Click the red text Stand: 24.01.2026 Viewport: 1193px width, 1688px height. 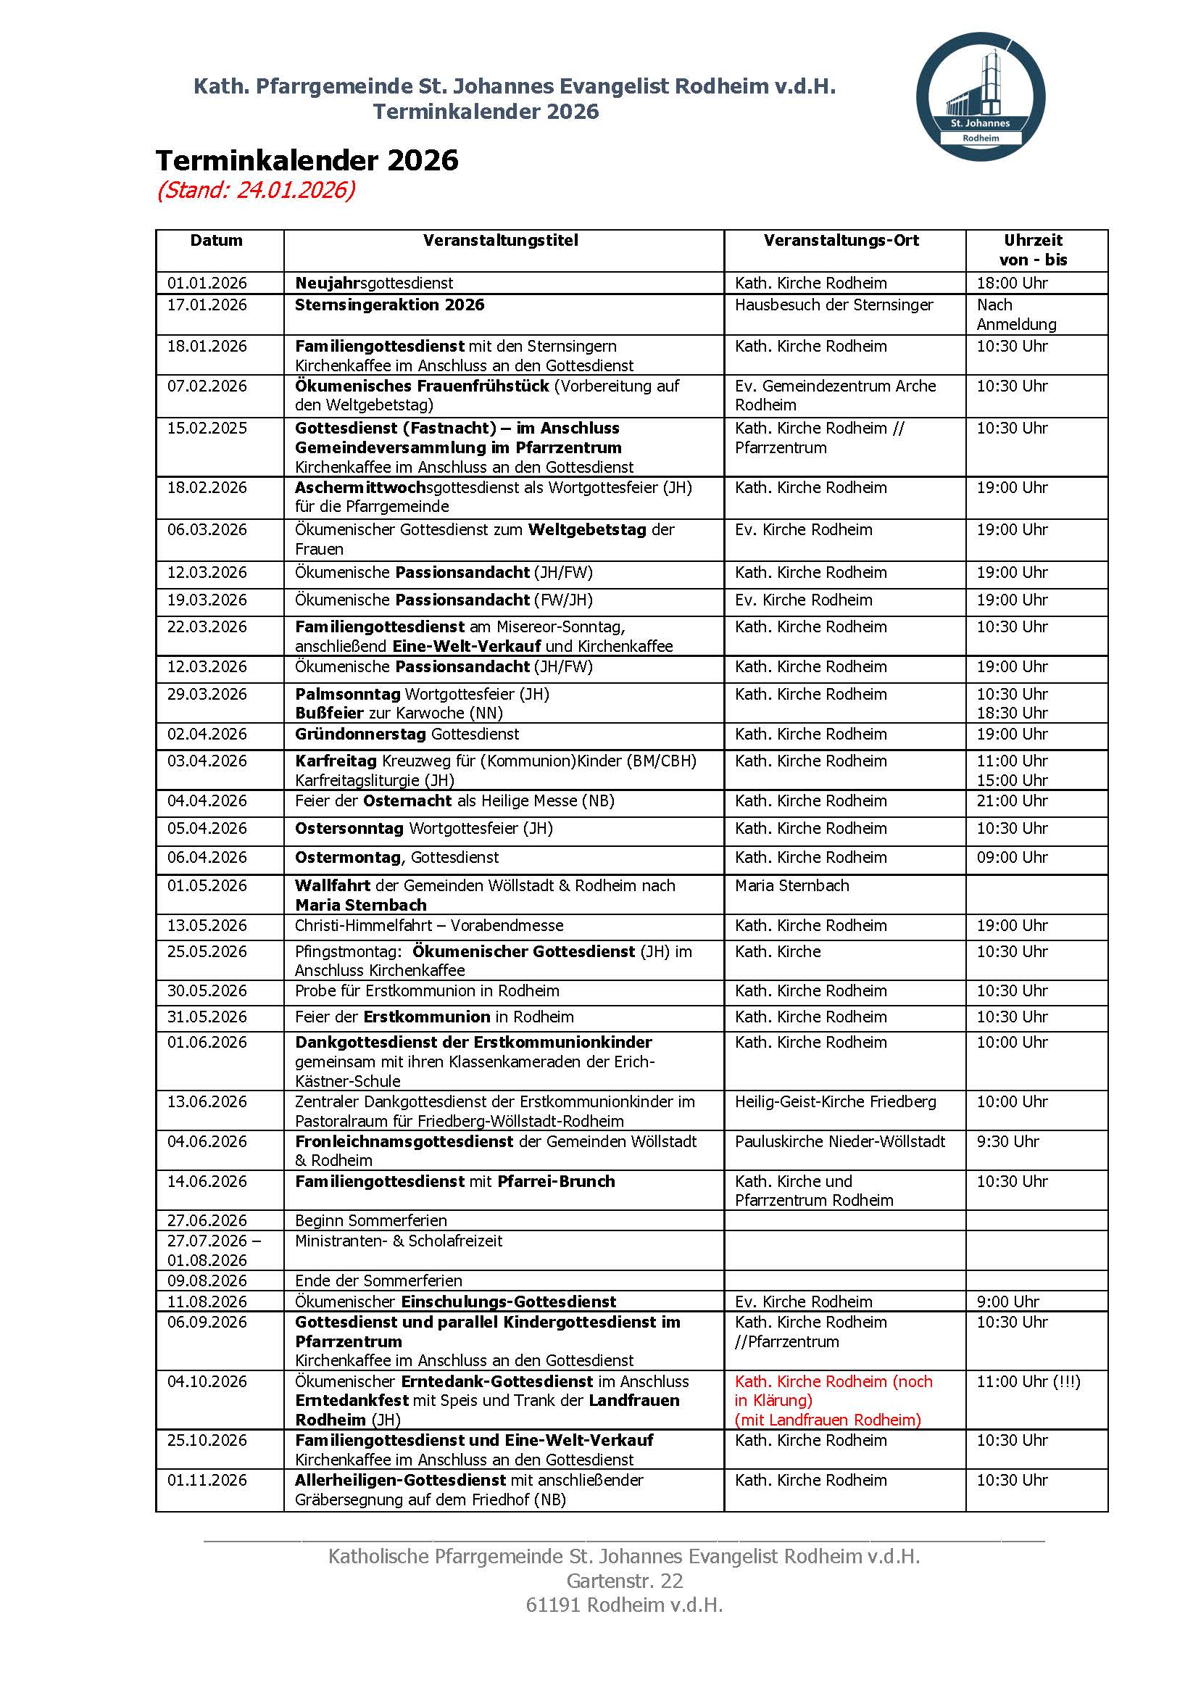click(256, 191)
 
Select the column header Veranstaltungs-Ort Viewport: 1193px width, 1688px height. click(841, 241)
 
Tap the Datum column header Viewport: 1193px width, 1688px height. click(216, 241)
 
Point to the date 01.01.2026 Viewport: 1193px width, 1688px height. click(207, 283)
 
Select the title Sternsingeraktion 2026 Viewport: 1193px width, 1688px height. click(390, 305)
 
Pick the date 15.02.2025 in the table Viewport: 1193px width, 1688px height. click(207, 428)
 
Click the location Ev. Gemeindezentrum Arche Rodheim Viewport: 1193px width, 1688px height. click(835, 395)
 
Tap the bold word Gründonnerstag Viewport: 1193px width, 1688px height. click(360, 734)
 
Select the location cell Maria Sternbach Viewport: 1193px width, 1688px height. click(791, 885)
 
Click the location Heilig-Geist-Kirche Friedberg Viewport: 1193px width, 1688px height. click(835, 1101)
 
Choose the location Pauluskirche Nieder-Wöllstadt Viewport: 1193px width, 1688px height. click(839, 1141)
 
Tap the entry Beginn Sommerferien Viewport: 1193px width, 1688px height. click(370, 1220)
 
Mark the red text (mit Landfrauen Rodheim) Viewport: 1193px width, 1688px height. click(828, 1420)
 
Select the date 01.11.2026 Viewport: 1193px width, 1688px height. click(207, 1480)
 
